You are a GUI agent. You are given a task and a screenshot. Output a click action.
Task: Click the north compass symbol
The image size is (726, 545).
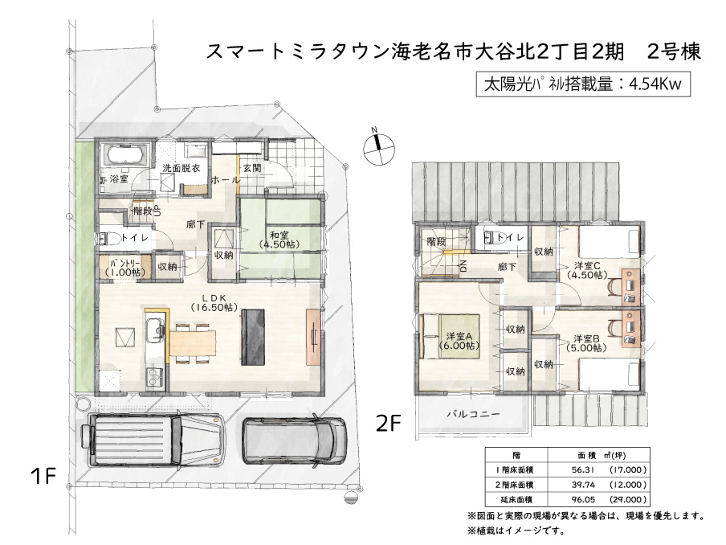[379, 147]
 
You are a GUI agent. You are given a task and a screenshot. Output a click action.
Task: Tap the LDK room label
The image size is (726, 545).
[214, 302]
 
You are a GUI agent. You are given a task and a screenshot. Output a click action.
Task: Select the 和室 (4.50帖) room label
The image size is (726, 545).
[279, 240]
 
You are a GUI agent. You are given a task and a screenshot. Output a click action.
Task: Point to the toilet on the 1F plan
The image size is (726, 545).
[108, 238]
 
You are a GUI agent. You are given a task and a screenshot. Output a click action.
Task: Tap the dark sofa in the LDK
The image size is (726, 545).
[252, 337]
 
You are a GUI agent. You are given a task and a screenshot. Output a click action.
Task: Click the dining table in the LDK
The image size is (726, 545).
[193, 342]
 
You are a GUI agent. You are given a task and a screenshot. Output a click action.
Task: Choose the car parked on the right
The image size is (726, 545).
[295, 441]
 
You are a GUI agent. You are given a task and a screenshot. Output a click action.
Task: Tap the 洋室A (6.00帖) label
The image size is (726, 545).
[459, 341]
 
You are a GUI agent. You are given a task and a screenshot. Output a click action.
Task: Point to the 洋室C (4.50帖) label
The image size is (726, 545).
[586, 270]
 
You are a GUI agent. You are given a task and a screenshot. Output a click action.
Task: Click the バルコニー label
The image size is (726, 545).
[473, 414]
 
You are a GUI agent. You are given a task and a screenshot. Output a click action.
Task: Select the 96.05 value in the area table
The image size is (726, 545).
[583, 500]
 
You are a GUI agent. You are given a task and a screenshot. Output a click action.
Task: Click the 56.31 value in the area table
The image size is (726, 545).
[583, 470]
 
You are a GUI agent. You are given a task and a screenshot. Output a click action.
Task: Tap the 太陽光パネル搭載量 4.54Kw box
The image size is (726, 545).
[583, 84]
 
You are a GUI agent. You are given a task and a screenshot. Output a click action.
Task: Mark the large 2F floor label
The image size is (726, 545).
[388, 423]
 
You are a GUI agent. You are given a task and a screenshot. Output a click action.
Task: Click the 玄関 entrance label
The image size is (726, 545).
[252, 168]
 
